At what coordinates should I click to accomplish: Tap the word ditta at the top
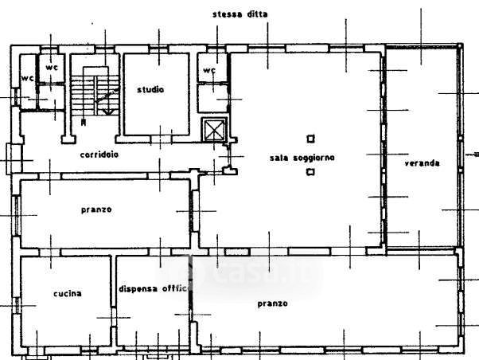click(256, 14)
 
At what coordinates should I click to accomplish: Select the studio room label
click(150, 89)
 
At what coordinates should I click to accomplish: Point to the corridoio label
click(99, 155)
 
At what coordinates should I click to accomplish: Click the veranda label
click(422, 162)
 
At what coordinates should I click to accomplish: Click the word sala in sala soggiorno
click(278, 158)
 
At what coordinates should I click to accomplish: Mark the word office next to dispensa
click(173, 288)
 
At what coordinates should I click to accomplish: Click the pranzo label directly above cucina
click(95, 209)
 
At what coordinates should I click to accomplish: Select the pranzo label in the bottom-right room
click(272, 303)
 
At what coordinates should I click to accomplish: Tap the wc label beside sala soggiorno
click(210, 70)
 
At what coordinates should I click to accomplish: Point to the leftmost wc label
click(27, 78)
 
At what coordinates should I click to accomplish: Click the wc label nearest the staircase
click(52, 68)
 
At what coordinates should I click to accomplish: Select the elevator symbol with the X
click(214, 130)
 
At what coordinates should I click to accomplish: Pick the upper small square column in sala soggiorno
click(310, 138)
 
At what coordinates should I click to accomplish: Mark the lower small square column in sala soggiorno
click(310, 171)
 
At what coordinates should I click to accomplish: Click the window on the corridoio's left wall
click(10, 157)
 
